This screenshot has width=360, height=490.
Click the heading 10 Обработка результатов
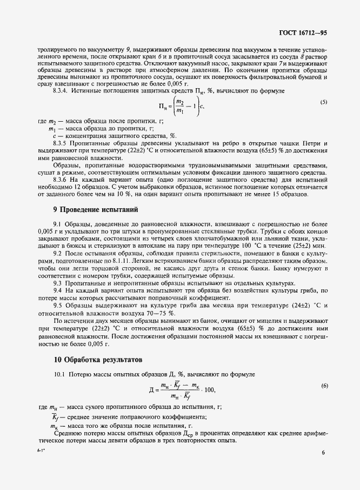tap(92, 359)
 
